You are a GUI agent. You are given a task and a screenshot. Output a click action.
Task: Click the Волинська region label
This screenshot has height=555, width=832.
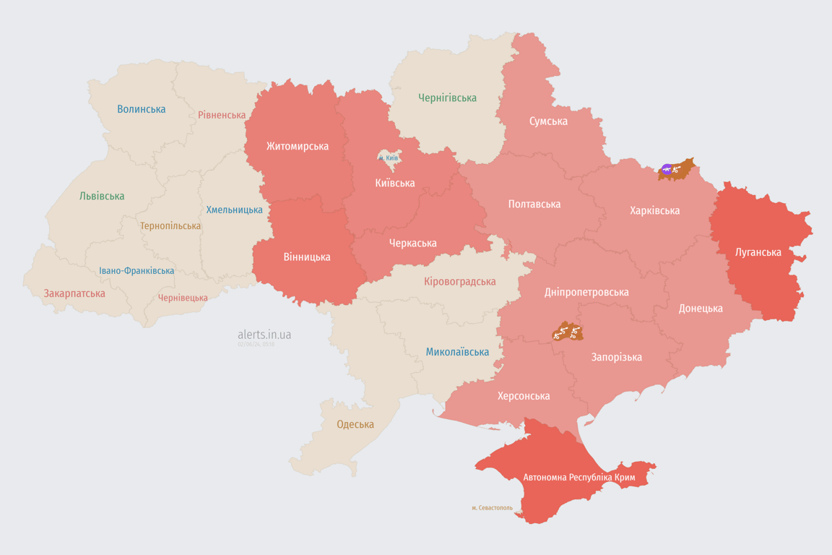tap(141, 109)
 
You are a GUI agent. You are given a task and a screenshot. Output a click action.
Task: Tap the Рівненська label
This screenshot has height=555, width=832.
tap(222, 115)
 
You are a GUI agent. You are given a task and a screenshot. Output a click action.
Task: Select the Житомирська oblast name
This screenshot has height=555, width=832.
tap(297, 146)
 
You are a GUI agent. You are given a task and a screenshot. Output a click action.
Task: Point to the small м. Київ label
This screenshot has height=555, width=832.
tap(388, 158)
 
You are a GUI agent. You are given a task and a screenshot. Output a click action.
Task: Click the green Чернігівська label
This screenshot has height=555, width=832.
tap(447, 98)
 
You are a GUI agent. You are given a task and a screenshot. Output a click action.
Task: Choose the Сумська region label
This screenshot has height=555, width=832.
tap(548, 121)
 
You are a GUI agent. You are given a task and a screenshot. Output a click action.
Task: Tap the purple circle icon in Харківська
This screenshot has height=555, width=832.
tap(667, 170)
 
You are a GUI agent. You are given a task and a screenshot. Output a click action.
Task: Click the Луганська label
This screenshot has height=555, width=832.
tap(758, 252)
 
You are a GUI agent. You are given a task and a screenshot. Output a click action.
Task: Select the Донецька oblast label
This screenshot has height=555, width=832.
tap(700, 308)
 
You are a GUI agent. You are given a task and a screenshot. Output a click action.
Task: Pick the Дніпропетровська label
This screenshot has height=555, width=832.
tap(586, 292)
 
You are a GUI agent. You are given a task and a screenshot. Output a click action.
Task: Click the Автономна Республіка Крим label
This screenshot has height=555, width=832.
tap(578, 478)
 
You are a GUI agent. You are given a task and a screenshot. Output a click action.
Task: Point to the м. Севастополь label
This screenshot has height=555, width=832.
tap(492, 508)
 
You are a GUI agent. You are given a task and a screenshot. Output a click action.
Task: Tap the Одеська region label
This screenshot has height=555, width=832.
tap(355, 424)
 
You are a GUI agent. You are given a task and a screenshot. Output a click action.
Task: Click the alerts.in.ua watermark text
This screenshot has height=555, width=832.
tap(264, 335)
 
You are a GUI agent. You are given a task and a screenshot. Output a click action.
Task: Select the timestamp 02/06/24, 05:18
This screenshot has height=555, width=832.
tap(256, 345)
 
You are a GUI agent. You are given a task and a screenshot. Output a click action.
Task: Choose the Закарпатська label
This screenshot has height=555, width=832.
tap(74, 293)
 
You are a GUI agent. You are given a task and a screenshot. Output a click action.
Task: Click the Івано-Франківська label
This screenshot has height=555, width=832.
tap(136, 271)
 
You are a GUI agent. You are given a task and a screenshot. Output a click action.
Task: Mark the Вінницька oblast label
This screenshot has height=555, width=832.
tap(307, 257)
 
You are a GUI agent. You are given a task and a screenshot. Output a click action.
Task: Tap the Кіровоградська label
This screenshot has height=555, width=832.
tap(459, 281)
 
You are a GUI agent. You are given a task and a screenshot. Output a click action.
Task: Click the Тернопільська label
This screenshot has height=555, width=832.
tap(170, 225)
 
